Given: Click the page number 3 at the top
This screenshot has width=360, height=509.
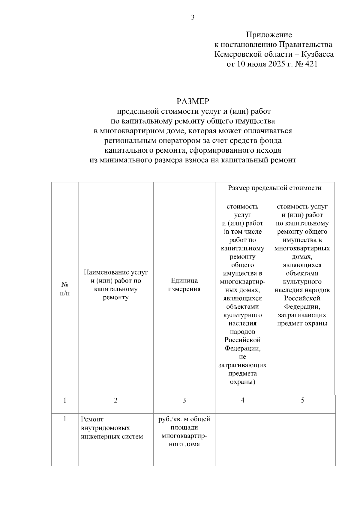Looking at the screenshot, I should [193, 17].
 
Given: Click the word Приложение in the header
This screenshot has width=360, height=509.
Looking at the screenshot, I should [269, 35].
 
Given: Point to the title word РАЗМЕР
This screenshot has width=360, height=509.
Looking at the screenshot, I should [193, 101].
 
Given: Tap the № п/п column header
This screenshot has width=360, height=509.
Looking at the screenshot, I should [65, 289].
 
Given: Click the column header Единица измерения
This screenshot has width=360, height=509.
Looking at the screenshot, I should [184, 285].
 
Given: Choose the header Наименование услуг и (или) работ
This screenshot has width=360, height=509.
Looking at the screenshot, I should [116, 285].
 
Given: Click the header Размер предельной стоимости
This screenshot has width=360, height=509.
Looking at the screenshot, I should [274, 188].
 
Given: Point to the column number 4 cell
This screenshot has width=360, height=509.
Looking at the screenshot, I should [242, 400].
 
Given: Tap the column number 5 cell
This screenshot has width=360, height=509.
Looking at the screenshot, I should [302, 400].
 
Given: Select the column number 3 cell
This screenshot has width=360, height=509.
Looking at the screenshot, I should [184, 400].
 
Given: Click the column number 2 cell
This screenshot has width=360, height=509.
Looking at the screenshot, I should [116, 400].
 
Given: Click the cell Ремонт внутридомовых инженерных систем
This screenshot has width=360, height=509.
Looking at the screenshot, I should [112, 428].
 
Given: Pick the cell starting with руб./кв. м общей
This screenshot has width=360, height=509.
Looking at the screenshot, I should [184, 431].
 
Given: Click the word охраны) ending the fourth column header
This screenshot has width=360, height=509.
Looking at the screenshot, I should [242, 382].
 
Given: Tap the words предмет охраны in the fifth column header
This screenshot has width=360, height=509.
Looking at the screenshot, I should [302, 323].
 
